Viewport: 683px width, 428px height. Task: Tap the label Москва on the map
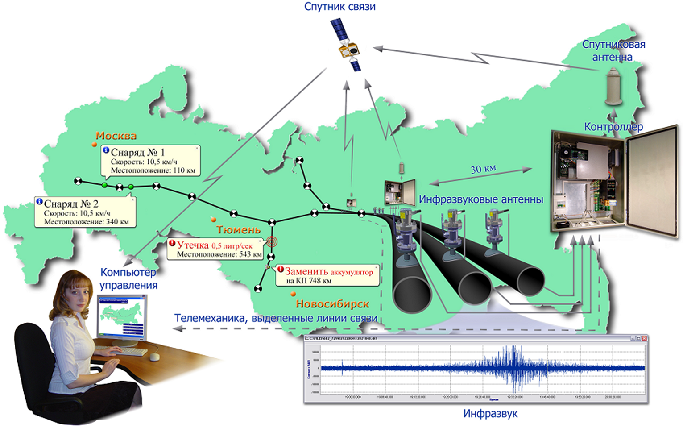[x=116, y=136]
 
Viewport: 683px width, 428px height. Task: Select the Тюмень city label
[x=239, y=230]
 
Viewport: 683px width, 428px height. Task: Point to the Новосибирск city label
[x=332, y=304]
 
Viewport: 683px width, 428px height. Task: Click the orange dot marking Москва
[x=94, y=144]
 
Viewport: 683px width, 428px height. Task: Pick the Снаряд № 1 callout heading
[x=138, y=152]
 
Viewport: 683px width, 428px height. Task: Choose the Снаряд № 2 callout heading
[x=71, y=204]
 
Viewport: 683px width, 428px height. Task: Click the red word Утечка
[x=193, y=245]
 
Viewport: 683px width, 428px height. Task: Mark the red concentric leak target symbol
[x=271, y=241]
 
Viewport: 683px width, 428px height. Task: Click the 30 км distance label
[x=483, y=169]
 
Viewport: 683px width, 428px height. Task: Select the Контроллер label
[x=613, y=127]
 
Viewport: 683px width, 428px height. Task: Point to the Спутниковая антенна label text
[x=613, y=50]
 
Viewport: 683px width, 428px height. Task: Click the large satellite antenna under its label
[x=613, y=87]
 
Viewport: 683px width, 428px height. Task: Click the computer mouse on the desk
[x=154, y=357]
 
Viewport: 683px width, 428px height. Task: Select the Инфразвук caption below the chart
[x=490, y=414]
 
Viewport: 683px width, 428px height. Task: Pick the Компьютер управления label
[x=128, y=278]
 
